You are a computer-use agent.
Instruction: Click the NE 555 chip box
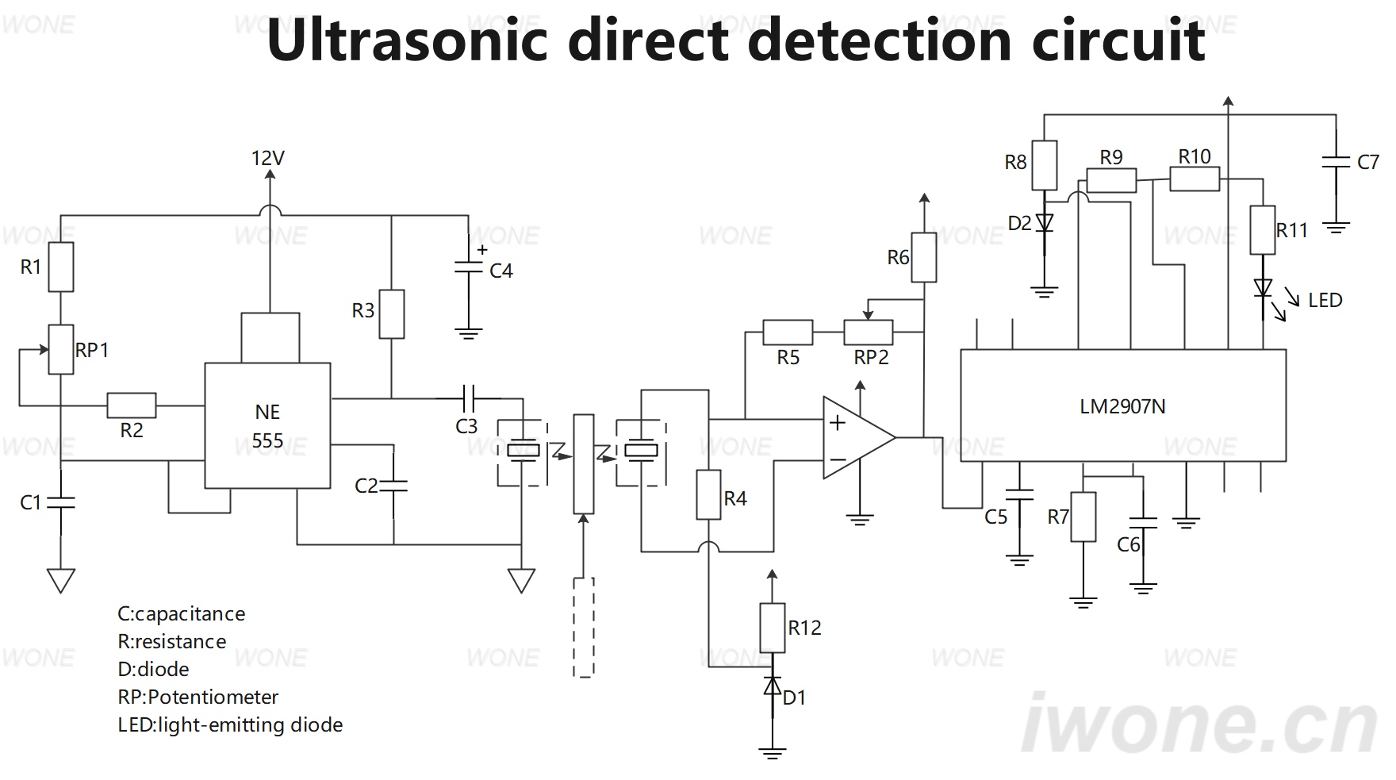[267, 425]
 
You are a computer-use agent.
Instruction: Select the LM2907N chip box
[1122, 405]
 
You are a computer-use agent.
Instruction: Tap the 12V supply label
[268, 158]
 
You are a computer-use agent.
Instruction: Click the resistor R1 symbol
[61, 267]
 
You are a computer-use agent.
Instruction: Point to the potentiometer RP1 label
[92, 350]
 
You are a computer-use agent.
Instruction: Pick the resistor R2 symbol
[132, 405]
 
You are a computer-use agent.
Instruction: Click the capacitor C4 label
[501, 271]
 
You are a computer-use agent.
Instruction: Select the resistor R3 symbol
[392, 314]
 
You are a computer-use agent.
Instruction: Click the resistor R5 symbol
[788, 332]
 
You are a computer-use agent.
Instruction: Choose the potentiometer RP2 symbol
[868, 332]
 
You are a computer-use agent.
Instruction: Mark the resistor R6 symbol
[924, 257]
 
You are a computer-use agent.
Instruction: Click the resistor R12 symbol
[773, 628]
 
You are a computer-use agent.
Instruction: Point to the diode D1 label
[795, 697]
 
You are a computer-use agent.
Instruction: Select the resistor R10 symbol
[1195, 179]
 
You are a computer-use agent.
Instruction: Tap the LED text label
[1325, 300]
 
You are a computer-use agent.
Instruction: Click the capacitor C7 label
[1368, 163]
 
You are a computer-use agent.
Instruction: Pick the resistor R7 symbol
[1083, 517]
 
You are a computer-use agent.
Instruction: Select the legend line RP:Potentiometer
[198, 697]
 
